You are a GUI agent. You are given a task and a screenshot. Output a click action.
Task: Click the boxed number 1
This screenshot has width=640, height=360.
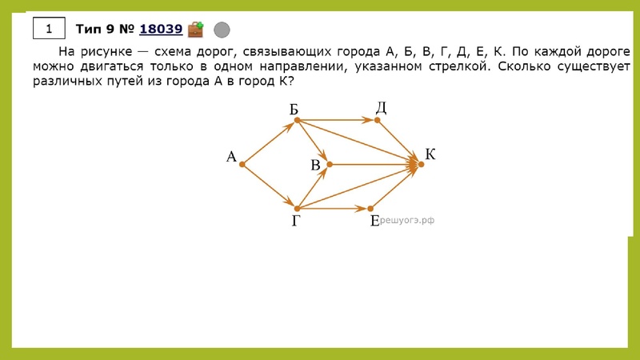[x=48, y=30]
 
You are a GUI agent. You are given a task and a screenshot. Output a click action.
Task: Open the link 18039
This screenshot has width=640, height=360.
[x=160, y=30]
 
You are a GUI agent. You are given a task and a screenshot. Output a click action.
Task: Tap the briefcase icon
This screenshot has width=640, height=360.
[x=195, y=30]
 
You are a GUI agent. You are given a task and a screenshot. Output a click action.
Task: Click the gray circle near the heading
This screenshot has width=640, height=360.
[x=222, y=30]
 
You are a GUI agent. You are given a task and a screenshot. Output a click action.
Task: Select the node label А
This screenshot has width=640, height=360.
[x=231, y=157]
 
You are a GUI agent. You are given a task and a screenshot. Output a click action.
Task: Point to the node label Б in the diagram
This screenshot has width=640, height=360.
[x=294, y=108]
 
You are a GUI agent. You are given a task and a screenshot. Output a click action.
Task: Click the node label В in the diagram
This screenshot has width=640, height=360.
[x=316, y=165]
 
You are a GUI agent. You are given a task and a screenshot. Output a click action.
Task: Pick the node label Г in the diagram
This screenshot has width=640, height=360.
[x=296, y=222]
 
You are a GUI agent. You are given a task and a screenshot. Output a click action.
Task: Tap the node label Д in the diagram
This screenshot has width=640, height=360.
[x=382, y=108]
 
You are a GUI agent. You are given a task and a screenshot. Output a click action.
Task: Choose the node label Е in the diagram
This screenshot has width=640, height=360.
[x=374, y=222]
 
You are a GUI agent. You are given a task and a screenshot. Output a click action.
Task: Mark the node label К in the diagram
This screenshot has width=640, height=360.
[x=430, y=154]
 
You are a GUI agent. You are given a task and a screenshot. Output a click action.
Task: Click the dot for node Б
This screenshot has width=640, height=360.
[x=297, y=121]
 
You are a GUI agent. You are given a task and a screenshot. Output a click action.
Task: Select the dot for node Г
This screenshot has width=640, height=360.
[x=297, y=208]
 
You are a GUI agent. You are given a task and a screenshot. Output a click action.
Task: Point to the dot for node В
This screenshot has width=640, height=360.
[x=330, y=165]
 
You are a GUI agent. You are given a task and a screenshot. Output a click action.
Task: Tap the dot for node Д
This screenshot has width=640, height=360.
[x=378, y=121]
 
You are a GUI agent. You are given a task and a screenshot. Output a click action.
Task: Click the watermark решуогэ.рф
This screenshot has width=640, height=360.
[x=406, y=219]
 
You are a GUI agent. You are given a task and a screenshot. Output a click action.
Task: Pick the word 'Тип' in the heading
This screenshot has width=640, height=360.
[x=90, y=30]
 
